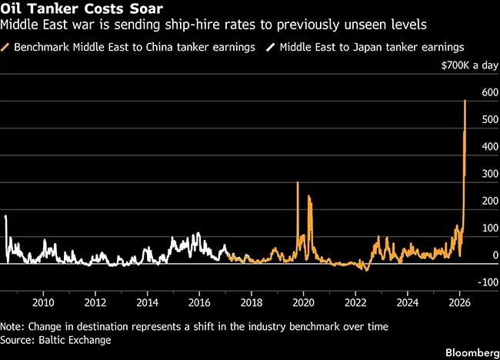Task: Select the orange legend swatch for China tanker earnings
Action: (6, 47)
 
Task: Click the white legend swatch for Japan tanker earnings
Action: (270, 47)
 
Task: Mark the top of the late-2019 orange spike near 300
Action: (297, 182)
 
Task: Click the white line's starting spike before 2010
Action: (5, 216)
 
